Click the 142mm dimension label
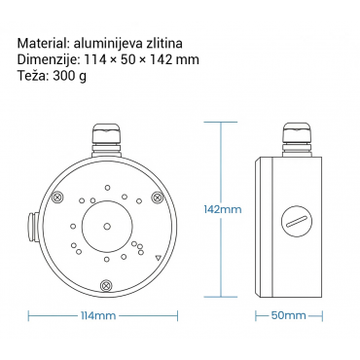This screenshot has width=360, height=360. click(x=223, y=209)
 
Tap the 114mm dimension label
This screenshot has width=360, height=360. click(x=98, y=315)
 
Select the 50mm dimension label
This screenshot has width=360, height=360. click(x=288, y=315)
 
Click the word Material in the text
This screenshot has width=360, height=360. click(x=41, y=43)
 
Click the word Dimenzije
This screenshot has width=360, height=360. click(x=47, y=59)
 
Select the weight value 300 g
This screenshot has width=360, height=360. click(x=70, y=77)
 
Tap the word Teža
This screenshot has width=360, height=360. click(x=32, y=76)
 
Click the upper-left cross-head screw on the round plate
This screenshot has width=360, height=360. click(x=57, y=197)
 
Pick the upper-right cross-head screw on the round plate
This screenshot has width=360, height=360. click(x=158, y=197)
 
